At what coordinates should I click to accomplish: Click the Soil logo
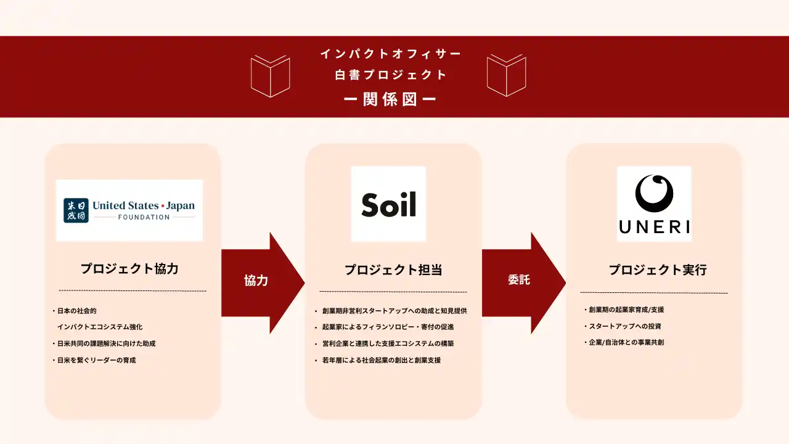pos(388,204)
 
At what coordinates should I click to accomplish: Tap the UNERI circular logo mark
pos(654,194)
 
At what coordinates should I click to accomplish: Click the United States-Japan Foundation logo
pos(129,210)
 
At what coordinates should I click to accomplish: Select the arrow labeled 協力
pos(263,283)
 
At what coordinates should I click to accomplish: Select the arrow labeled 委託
pos(524,283)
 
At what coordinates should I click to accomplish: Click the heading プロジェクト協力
pos(129,269)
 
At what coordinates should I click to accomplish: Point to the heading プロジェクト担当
pos(393,270)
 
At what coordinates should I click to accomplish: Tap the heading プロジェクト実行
pos(658,270)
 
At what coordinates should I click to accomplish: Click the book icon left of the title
pos(271,76)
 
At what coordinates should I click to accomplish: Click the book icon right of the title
pos(507,75)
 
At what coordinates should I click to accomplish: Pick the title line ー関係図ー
pos(390,99)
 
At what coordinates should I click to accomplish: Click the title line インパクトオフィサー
pos(391,54)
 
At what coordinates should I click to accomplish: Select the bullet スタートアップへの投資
pos(623,326)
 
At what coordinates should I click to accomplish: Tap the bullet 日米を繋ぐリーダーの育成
pos(94,360)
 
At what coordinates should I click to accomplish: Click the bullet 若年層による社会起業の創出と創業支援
pos(378,360)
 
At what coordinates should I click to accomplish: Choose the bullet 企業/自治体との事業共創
pos(624,342)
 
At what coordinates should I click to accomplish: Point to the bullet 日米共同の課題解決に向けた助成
pos(104,343)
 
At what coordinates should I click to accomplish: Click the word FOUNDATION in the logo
pos(144,218)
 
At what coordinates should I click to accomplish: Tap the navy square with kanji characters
pos(76,210)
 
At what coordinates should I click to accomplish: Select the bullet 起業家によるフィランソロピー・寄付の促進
pos(384,327)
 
